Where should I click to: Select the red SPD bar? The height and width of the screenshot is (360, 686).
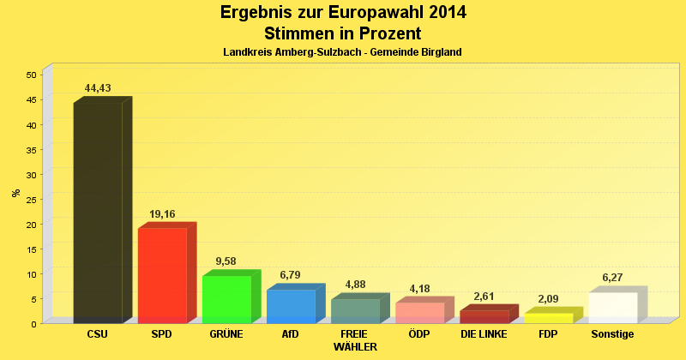[162, 275]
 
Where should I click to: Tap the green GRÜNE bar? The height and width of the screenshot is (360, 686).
[226, 299]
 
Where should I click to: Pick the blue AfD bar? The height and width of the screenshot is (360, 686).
[291, 306]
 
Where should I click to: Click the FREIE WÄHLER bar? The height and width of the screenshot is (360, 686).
[355, 310]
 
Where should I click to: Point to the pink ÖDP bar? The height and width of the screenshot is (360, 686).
[419, 312]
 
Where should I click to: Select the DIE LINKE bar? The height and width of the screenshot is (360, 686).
[484, 316]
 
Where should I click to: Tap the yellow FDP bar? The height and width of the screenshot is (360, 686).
[548, 318]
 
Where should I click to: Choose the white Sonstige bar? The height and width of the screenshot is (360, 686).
[612, 307]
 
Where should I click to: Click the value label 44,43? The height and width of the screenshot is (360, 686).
[98, 88]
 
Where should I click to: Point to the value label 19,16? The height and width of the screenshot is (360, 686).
[162, 213]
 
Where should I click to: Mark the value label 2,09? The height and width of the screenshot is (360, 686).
[548, 299]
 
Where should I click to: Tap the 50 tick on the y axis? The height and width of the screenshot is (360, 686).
[30, 75]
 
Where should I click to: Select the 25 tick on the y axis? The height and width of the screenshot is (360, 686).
[30, 200]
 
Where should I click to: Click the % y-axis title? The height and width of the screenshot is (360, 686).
[15, 193]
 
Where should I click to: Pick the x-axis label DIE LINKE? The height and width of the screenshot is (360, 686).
[484, 333]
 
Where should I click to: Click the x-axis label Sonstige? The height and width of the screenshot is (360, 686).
[612, 333]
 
